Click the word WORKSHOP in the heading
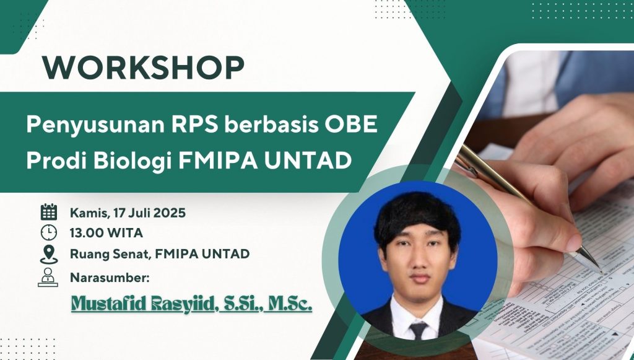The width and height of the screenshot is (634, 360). coord(143,68)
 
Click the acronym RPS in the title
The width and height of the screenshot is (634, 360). coord(194,124)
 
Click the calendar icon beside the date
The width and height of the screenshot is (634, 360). coord(49,212)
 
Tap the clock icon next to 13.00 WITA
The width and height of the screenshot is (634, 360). coord(49,232)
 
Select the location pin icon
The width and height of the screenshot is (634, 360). coord(49,255)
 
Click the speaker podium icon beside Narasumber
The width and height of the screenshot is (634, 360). coord(48,278)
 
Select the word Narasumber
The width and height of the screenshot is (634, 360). coord(110,278)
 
